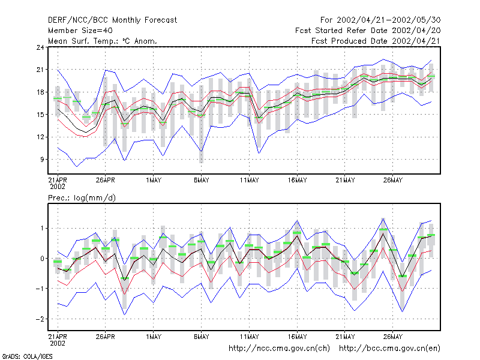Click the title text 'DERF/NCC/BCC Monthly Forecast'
pyautogui.click(x=112, y=20)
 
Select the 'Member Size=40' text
pyautogui.click(x=80, y=31)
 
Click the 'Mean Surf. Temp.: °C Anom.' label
pyautogui.click(x=103, y=41)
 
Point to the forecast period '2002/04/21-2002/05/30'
pyautogui.click(x=388, y=20)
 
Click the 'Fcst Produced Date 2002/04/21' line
pyautogui.click(x=376, y=41)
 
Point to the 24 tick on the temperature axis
pyautogui.click(x=40, y=47)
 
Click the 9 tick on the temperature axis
pyautogui.click(x=42, y=160)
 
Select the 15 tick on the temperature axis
pyautogui.click(x=40, y=115)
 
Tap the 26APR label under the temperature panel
pyautogui.click(x=106, y=181)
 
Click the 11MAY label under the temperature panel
pyautogui.click(x=249, y=181)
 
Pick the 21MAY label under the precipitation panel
pyautogui.click(x=345, y=337)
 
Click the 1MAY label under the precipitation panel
pyautogui.click(x=154, y=337)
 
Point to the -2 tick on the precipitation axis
pyautogui.click(x=40, y=319)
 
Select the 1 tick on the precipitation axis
pyautogui.click(x=42, y=229)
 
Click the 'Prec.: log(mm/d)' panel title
pyautogui.click(x=82, y=198)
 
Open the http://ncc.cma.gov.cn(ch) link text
pyautogui.click(x=279, y=349)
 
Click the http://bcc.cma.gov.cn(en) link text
pyautogui.click(x=389, y=349)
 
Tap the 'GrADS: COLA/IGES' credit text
pyautogui.click(x=28, y=356)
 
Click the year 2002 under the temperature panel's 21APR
pyautogui.click(x=58, y=187)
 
